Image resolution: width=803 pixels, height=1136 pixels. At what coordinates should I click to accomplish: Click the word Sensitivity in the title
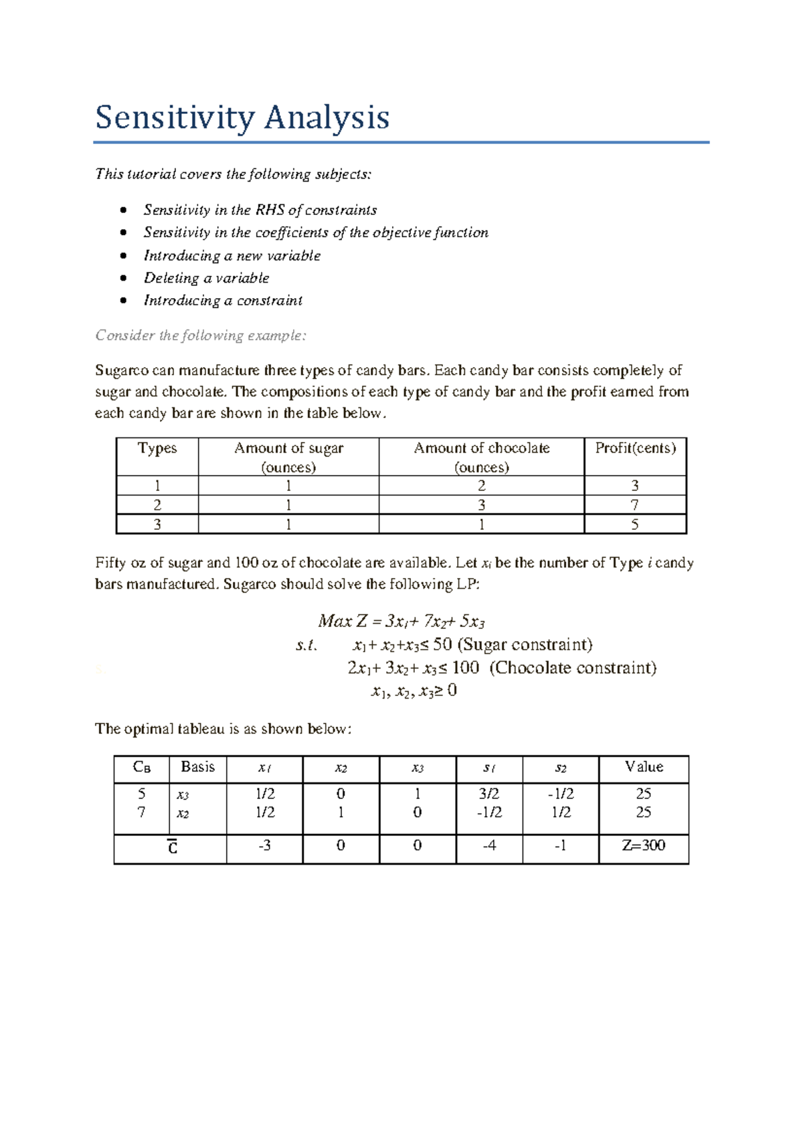(174, 118)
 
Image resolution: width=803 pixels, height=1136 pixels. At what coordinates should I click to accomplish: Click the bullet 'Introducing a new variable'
(232, 256)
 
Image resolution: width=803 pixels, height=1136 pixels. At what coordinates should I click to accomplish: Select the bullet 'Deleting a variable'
(206, 278)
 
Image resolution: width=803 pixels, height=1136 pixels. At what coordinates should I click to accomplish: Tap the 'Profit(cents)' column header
(635, 448)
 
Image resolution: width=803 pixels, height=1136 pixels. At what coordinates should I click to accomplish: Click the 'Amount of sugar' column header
(288, 448)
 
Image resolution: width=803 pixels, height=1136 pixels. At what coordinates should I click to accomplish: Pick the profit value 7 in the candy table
(634, 505)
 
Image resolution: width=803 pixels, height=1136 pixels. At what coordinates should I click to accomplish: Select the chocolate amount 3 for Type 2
(481, 505)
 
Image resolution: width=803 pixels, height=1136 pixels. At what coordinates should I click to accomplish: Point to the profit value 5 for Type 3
(634, 524)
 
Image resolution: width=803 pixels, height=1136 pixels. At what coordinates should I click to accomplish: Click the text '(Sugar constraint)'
(525, 645)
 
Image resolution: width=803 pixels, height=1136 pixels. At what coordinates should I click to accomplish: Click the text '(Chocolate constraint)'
(573, 668)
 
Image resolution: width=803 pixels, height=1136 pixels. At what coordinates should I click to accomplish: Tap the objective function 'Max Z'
(343, 622)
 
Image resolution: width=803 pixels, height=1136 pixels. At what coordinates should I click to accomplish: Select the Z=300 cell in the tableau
(643, 845)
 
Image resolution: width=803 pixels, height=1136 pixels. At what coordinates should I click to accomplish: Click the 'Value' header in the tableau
(644, 767)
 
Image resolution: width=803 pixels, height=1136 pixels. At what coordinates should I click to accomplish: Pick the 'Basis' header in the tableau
(197, 767)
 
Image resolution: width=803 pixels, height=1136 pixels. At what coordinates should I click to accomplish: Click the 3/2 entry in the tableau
(488, 794)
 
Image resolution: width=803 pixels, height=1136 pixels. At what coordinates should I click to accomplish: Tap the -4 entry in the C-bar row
(489, 845)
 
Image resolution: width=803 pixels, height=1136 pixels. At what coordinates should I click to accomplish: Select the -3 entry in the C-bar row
(264, 845)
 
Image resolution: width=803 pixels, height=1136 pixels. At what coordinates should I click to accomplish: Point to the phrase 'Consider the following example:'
(200, 336)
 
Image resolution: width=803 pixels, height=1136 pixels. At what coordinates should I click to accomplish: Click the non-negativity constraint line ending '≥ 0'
(414, 691)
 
